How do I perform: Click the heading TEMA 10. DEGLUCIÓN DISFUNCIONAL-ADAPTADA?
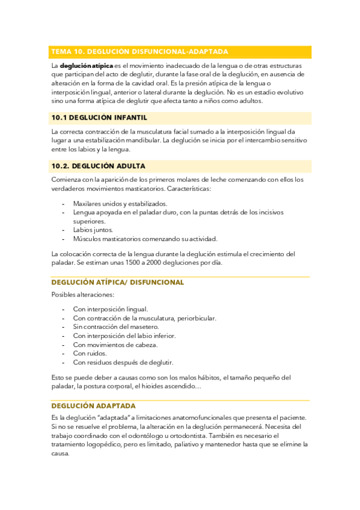pyautogui.click(x=139, y=52)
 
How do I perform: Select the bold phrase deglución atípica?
pyautogui.click(x=87, y=66)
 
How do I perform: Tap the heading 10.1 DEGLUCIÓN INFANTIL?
pyautogui.click(x=99, y=117)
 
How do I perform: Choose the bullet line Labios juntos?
pyautogui.click(x=93, y=230)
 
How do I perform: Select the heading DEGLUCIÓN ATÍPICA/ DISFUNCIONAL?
pyautogui.click(x=118, y=282)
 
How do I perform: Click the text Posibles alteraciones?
pyautogui.click(x=83, y=295)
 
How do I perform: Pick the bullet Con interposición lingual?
pyautogui.click(x=111, y=309)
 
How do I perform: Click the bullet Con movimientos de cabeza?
pyautogui.click(x=115, y=345)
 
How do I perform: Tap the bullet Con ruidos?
pyautogui.click(x=90, y=354)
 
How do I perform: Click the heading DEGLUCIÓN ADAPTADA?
pyautogui.click(x=93, y=406)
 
